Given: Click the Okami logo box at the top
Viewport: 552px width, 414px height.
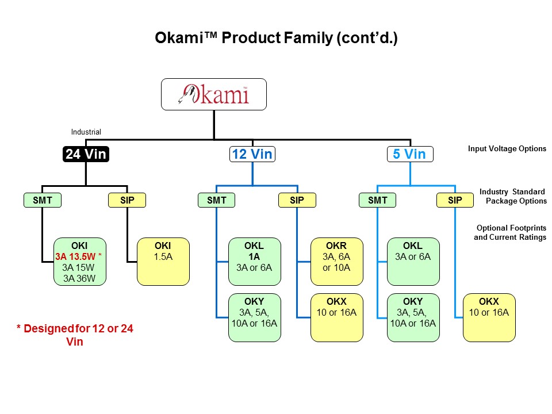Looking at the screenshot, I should (x=214, y=94).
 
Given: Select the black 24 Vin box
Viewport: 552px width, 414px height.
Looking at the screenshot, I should (x=85, y=154).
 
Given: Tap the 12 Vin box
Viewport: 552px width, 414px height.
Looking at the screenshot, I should (x=252, y=154).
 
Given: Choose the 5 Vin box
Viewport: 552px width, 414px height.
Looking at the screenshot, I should (x=410, y=154).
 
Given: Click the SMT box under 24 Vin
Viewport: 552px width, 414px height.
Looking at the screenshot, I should (x=42, y=200).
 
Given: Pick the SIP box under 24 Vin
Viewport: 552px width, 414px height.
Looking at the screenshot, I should (x=127, y=200).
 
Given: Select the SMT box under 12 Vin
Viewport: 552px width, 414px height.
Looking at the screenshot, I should (x=217, y=200).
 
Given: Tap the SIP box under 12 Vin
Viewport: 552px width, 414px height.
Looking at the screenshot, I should (x=297, y=200).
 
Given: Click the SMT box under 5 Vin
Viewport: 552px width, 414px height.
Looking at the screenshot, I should (x=378, y=200).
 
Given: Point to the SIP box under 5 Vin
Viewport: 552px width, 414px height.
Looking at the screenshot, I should (x=455, y=200).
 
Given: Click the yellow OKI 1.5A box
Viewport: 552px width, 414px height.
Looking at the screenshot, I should (x=163, y=262).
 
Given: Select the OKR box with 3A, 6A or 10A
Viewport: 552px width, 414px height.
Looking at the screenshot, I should (x=337, y=262).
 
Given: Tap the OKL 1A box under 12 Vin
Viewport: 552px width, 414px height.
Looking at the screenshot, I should (x=255, y=262).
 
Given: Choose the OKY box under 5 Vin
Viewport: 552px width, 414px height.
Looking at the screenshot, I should (x=413, y=317).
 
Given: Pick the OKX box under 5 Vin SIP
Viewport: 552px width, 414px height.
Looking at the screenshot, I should (x=489, y=317).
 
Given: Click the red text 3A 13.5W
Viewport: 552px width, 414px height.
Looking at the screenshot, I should (x=75, y=257).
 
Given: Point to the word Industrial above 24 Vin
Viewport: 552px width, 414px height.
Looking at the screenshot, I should (x=86, y=132).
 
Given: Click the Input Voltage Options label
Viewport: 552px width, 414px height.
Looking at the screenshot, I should (x=507, y=149).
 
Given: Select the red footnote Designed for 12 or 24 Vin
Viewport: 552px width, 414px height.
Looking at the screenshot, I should (x=75, y=335).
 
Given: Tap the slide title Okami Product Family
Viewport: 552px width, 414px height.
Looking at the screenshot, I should (x=276, y=39).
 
